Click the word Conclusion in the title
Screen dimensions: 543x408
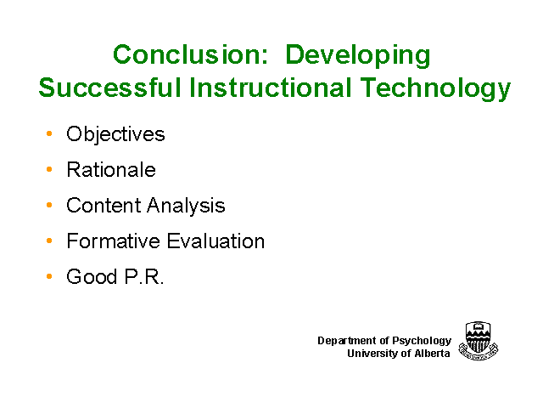pyautogui.click(x=190, y=54)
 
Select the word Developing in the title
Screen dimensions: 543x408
pyautogui.click(x=358, y=56)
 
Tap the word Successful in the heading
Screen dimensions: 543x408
pyautogui.click(x=109, y=88)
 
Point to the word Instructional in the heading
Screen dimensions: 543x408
pyautogui.click(x=271, y=88)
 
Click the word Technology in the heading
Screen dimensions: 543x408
pyautogui.click(x=435, y=88)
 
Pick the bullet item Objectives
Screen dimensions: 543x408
pyautogui.click(x=115, y=134)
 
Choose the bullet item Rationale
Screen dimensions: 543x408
pyautogui.click(x=111, y=170)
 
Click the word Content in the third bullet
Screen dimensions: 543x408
pyautogui.click(x=103, y=205)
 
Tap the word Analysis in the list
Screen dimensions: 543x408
pyautogui.click(x=186, y=206)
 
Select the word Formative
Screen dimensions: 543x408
pyautogui.click(x=112, y=241)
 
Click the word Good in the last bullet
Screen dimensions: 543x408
pyautogui.click(x=92, y=276)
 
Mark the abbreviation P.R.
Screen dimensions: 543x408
pyautogui.click(x=144, y=276)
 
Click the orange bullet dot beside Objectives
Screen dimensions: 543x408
pyautogui.click(x=49, y=133)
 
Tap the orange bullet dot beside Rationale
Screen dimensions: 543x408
pyautogui.click(x=49, y=169)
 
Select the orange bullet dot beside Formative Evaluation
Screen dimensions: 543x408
pyautogui.click(x=49, y=241)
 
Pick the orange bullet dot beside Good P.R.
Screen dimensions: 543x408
pyautogui.click(x=49, y=276)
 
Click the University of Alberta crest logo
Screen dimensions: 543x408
pyautogui.click(x=479, y=341)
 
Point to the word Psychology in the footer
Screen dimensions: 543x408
pyautogui.click(x=422, y=341)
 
